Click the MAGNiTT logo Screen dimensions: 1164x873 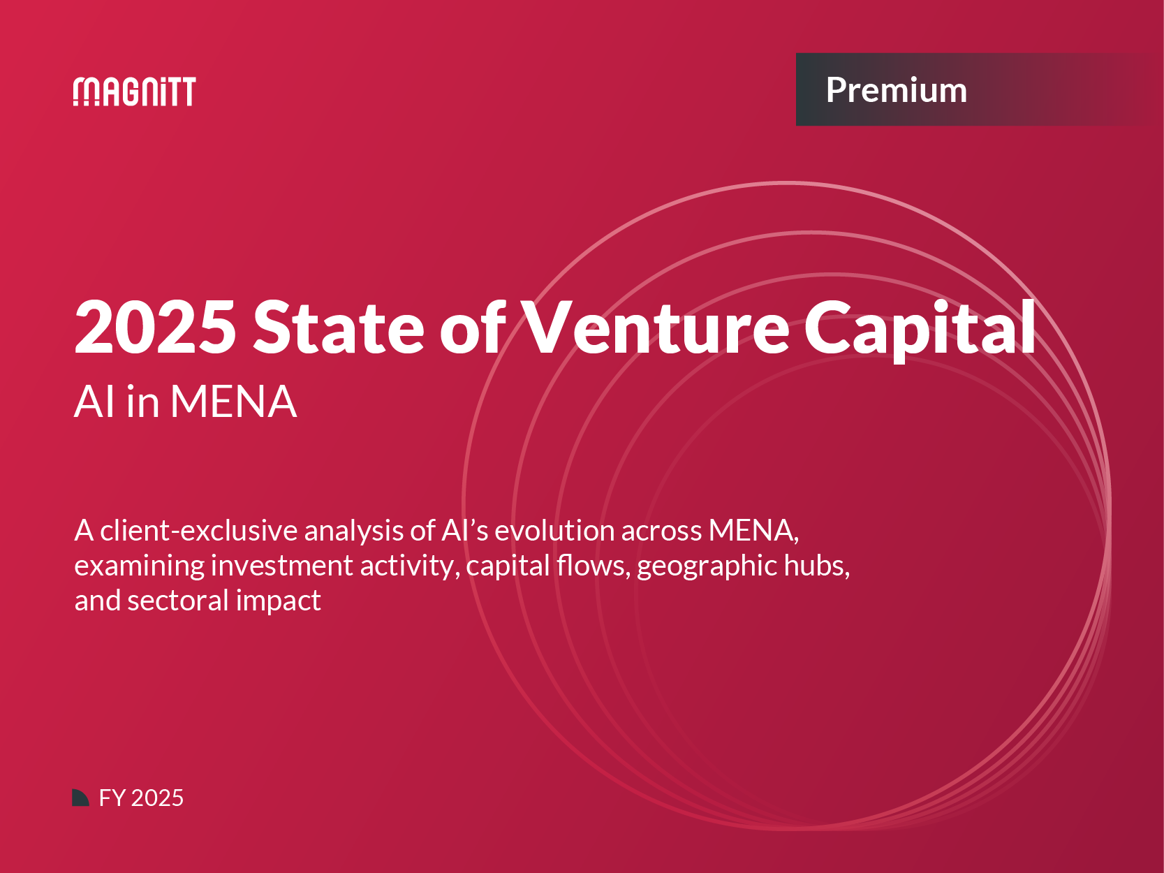[134, 91]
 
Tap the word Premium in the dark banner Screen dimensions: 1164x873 [896, 89]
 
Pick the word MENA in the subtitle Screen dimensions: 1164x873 [233, 402]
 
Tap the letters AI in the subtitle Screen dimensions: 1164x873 [94, 402]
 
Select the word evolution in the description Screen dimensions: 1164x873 [554, 530]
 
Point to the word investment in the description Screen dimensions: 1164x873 [281, 566]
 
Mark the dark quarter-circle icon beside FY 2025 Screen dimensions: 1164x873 [80, 797]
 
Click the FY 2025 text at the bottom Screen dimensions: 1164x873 [141, 798]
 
